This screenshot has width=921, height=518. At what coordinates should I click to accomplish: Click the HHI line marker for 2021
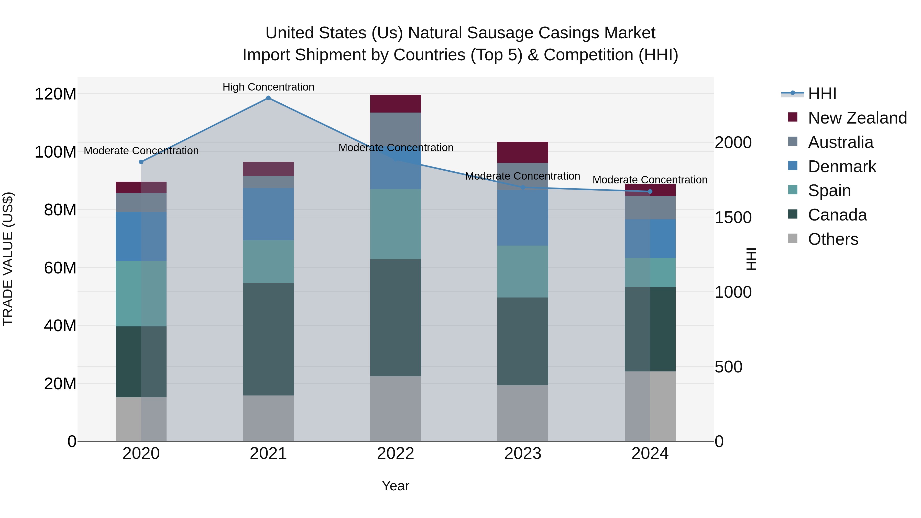pyautogui.click(x=268, y=98)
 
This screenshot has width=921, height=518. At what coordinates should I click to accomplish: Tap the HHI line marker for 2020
pyautogui.click(x=141, y=162)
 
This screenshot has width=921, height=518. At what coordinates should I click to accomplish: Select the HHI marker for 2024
pyautogui.click(x=650, y=192)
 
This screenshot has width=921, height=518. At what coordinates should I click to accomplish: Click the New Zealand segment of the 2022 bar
pyautogui.click(x=396, y=104)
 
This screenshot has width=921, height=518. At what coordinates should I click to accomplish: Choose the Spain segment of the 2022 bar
pyautogui.click(x=396, y=224)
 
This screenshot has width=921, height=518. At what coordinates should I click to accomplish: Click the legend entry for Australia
pyautogui.click(x=840, y=142)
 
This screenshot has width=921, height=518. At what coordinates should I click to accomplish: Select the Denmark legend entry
pyautogui.click(x=842, y=167)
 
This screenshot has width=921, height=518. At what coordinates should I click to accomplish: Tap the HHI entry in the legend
pyautogui.click(x=822, y=94)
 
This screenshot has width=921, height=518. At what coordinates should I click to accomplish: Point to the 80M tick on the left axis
pyautogui.click(x=60, y=210)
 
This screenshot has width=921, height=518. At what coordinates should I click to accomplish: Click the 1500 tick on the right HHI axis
pyautogui.click(x=733, y=218)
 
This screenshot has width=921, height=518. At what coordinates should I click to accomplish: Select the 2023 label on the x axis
pyautogui.click(x=523, y=454)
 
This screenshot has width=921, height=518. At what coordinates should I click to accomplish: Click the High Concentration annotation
pyautogui.click(x=268, y=87)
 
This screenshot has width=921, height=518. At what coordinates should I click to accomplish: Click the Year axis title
pyautogui.click(x=396, y=486)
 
